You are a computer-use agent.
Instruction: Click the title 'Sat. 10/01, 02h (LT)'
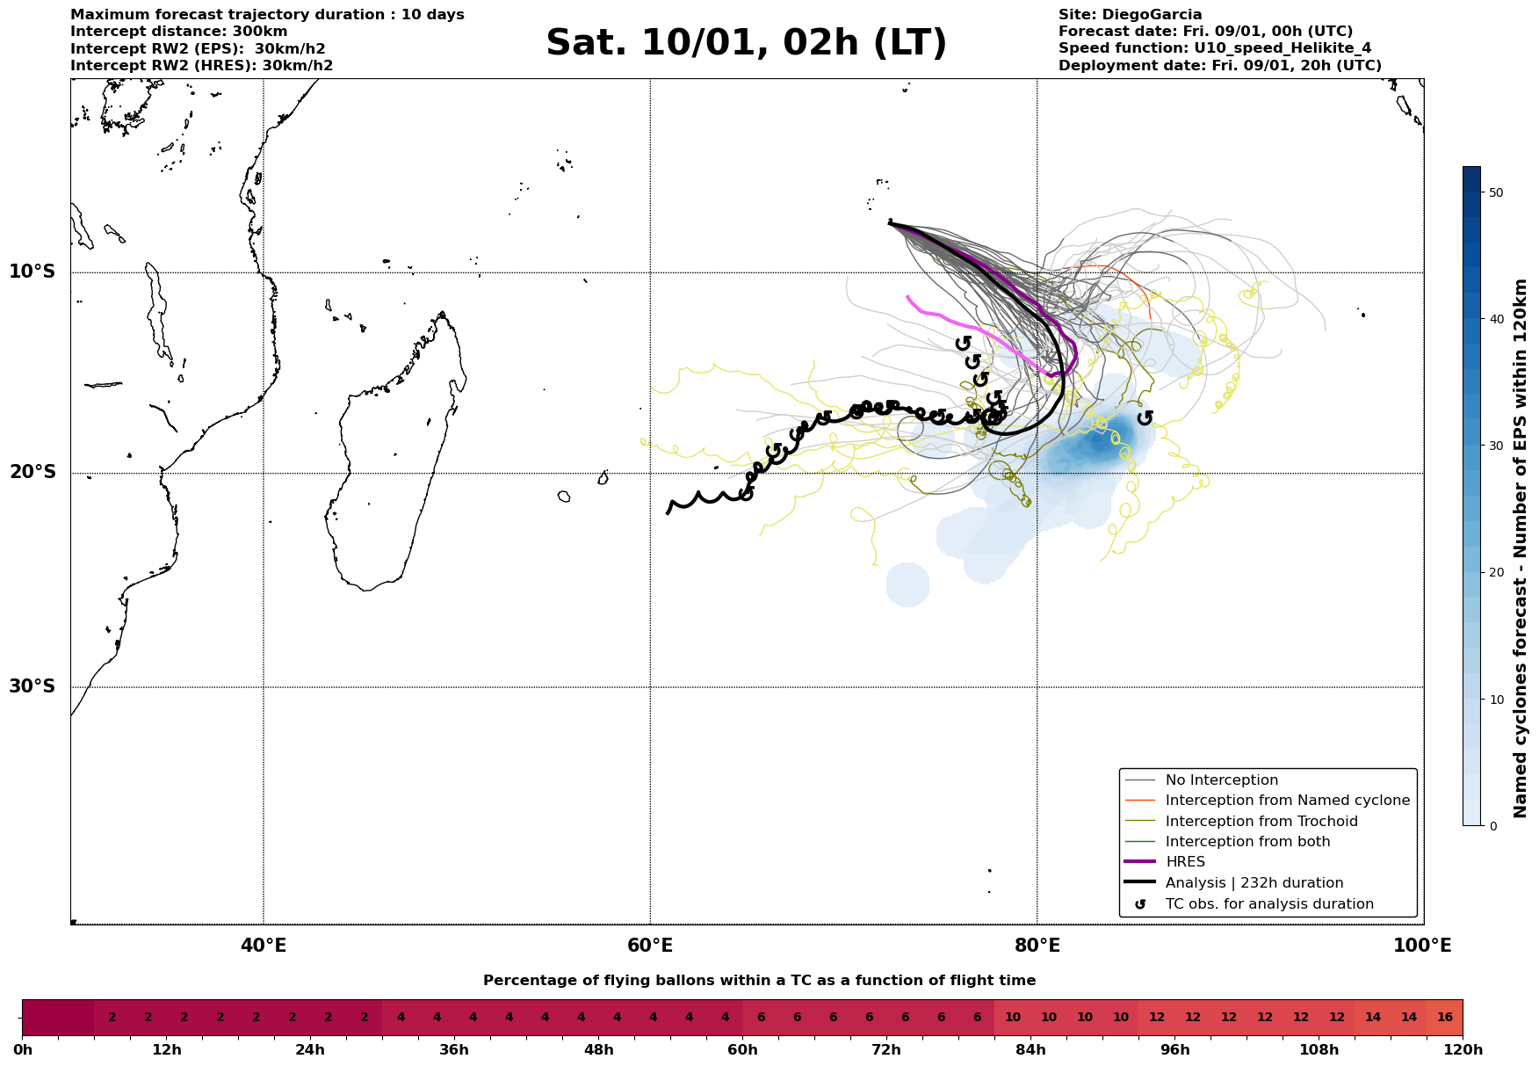click(x=746, y=43)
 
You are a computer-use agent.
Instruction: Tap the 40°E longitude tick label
click(x=263, y=946)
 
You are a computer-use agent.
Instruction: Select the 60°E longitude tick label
click(x=650, y=946)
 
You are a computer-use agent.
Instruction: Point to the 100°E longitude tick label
click(x=1422, y=946)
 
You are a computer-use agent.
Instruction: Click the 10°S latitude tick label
click(x=33, y=272)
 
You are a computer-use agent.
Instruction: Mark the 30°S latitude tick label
click(x=33, y=686)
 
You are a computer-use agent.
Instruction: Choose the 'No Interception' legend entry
click(x=1221, y=780)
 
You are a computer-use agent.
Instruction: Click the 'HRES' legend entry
click(x=1185, y=862)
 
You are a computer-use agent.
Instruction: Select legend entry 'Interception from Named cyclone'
click(x=1287, y=801)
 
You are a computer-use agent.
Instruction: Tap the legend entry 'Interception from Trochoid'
click(x=1261, y=822)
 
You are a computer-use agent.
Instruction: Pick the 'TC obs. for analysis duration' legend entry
click(x=1269, y=904)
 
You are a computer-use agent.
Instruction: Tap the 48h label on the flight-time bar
click(x=598, y=1050)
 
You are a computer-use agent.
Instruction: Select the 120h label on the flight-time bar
click(x=1463, y=1050)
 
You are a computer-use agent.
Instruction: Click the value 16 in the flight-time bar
click(x=1445, y=1018)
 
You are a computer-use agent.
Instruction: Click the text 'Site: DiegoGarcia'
click(x=1130, y=15)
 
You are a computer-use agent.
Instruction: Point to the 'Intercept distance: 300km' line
click(x=166, y=32)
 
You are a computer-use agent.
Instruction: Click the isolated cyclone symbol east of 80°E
click(x=1145, y=417)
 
